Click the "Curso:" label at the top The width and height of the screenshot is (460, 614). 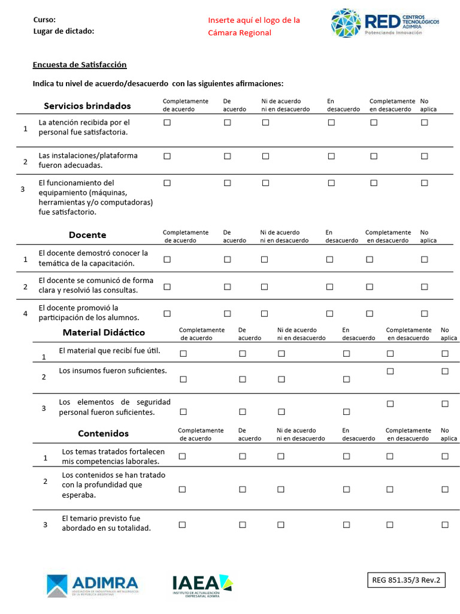(44, 20)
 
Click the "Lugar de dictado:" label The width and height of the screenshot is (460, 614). (63, 31)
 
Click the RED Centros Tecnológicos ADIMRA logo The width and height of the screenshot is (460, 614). (385, 23)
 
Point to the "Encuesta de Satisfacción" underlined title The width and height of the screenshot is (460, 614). (79, 65)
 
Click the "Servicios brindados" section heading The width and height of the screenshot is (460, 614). (87, 106)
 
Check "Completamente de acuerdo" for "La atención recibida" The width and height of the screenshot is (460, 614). (167, 122)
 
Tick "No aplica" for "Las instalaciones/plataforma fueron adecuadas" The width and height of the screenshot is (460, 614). (424, 156)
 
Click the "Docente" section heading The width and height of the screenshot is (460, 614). (87, 235)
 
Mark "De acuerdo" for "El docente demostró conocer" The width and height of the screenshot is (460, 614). (227, 260)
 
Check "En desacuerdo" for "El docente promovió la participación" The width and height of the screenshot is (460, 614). (329, 314)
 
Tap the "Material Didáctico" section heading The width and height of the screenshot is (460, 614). (104, 333)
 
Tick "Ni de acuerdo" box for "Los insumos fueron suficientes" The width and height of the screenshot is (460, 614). (281, 379)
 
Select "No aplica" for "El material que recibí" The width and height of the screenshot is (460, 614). (445, 354)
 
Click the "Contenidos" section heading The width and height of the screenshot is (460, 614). (103, 434)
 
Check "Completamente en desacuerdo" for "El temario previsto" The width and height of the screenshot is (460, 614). (390, 525)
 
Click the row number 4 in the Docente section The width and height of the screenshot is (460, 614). (25, 314)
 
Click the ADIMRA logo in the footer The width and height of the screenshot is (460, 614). (92, 585)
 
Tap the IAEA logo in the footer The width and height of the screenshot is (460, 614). (202, 585)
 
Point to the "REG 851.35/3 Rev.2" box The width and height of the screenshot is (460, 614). (406, 580)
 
